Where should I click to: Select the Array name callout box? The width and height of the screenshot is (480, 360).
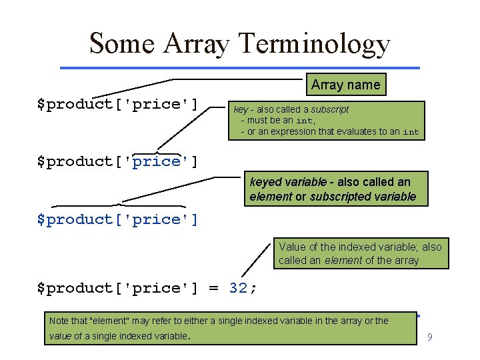pos(345,85)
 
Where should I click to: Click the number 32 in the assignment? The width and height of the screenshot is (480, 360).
pos(238,288)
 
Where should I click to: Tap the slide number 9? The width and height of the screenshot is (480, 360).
pos(430,337)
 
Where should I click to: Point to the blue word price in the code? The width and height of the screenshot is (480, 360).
pos(157,161)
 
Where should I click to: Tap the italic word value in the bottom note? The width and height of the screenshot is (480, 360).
pos(61,336)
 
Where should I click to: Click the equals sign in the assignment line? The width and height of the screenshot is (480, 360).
pos(213,288)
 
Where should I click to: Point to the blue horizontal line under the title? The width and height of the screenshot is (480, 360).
pos(240,67)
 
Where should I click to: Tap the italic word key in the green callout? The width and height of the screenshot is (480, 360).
pos(240,109)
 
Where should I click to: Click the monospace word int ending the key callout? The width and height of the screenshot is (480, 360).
pos(411,132)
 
